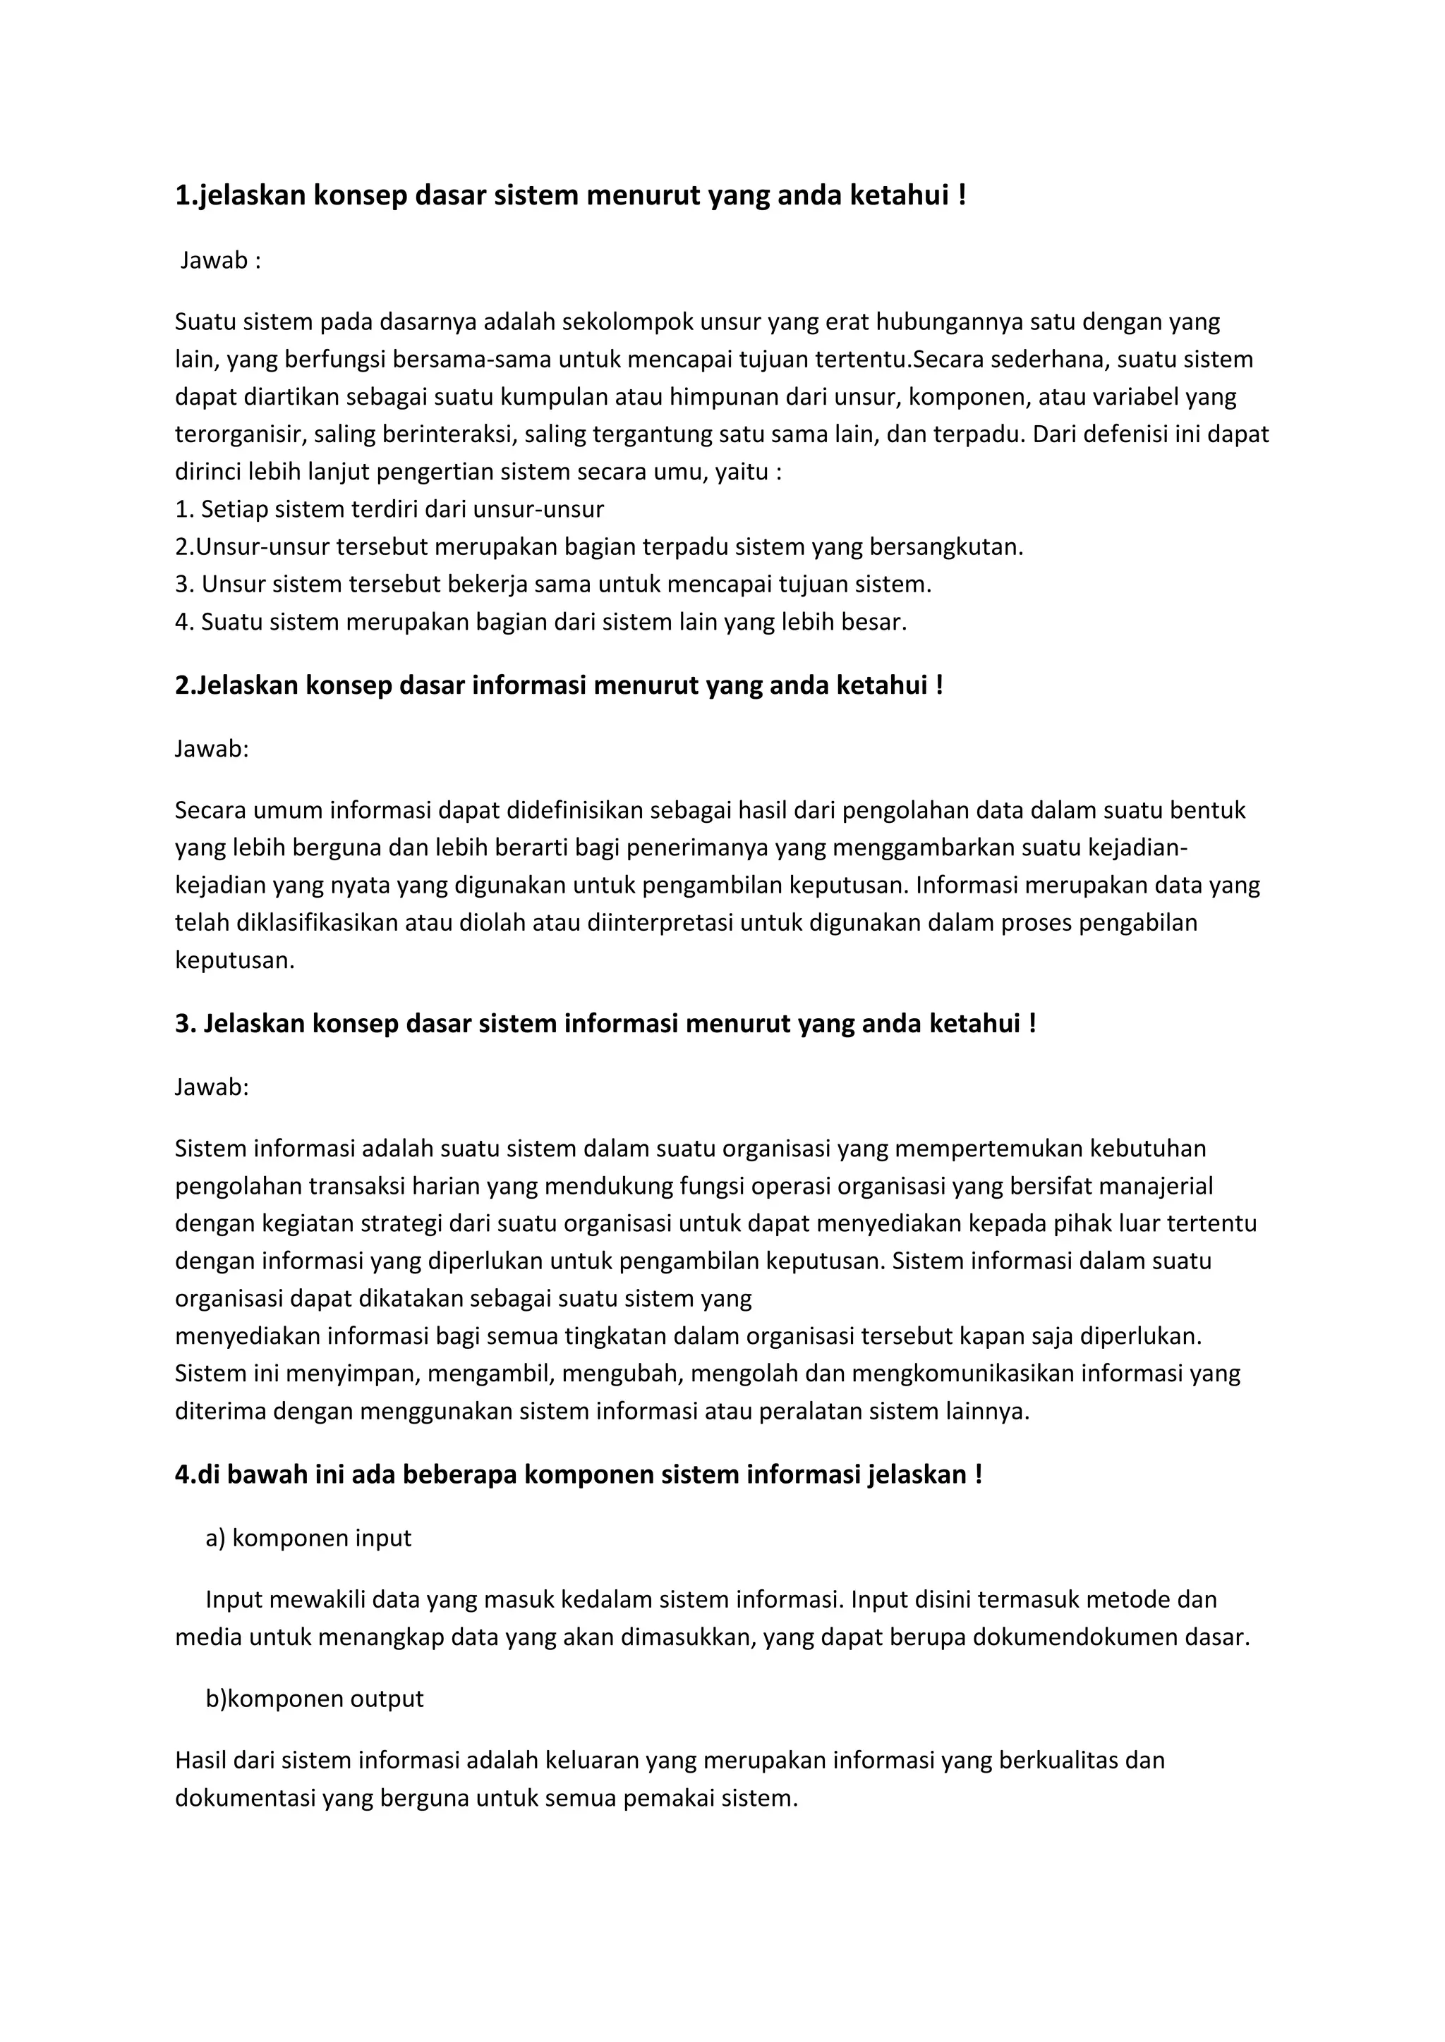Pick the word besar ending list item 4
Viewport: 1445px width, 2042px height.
coord(876,622)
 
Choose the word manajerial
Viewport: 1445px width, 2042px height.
coord(1152,1185)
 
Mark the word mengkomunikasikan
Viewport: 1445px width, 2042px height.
coord(962,1373)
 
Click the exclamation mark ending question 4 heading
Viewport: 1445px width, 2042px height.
coord(979,1474)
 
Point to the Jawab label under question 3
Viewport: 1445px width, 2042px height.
coord(212,1087)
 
